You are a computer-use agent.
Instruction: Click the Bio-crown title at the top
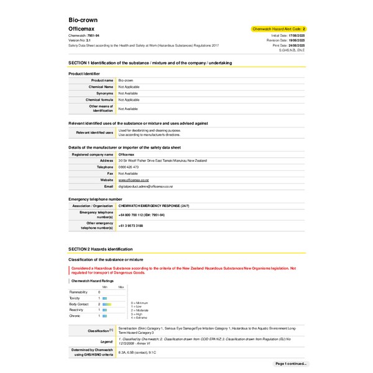(83, 20)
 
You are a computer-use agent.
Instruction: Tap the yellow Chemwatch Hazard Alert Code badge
(279, 29)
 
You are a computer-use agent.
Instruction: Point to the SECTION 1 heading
(150, 63)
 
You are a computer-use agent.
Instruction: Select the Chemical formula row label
(100, 99)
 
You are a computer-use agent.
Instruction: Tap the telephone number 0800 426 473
(128, 167)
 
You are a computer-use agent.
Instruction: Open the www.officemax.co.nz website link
(134, 180)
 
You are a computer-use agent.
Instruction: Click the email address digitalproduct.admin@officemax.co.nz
(145, 186)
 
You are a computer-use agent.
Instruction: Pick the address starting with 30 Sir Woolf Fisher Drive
(163, 160)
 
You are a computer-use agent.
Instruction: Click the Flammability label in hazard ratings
(78, 292)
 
